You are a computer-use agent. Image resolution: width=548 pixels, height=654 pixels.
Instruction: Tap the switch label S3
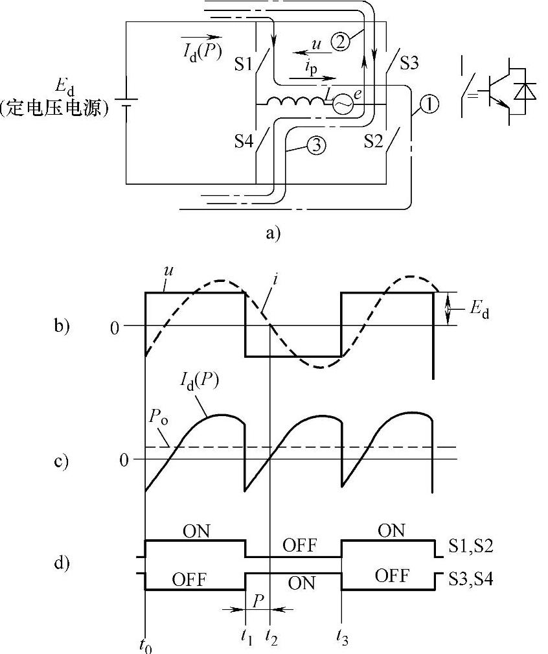[409, 64]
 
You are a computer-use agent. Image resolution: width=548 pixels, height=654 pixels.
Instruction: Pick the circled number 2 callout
[341, 42]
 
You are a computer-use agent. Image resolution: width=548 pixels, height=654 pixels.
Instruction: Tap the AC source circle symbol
[342, 103]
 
